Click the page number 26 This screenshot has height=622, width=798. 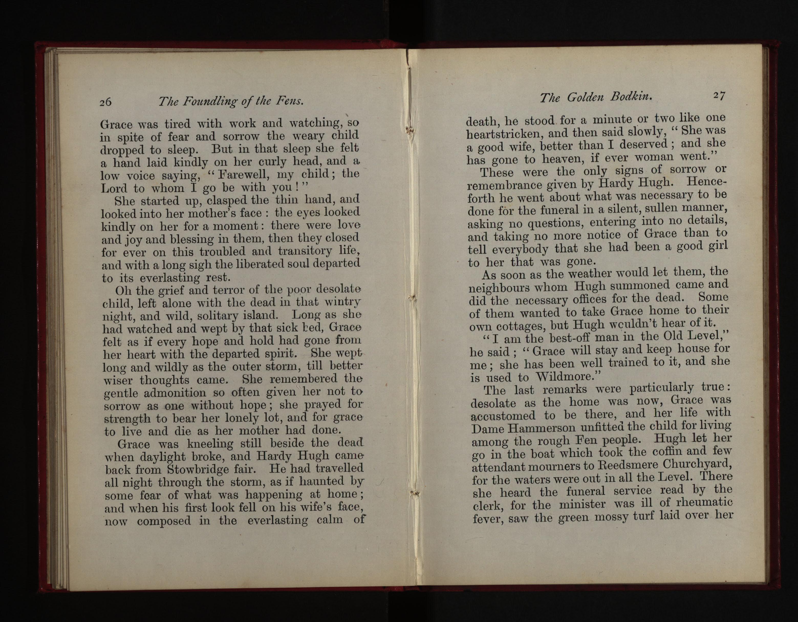(x=106, y=102)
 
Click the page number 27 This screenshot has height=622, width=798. (x=719, y=96)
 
